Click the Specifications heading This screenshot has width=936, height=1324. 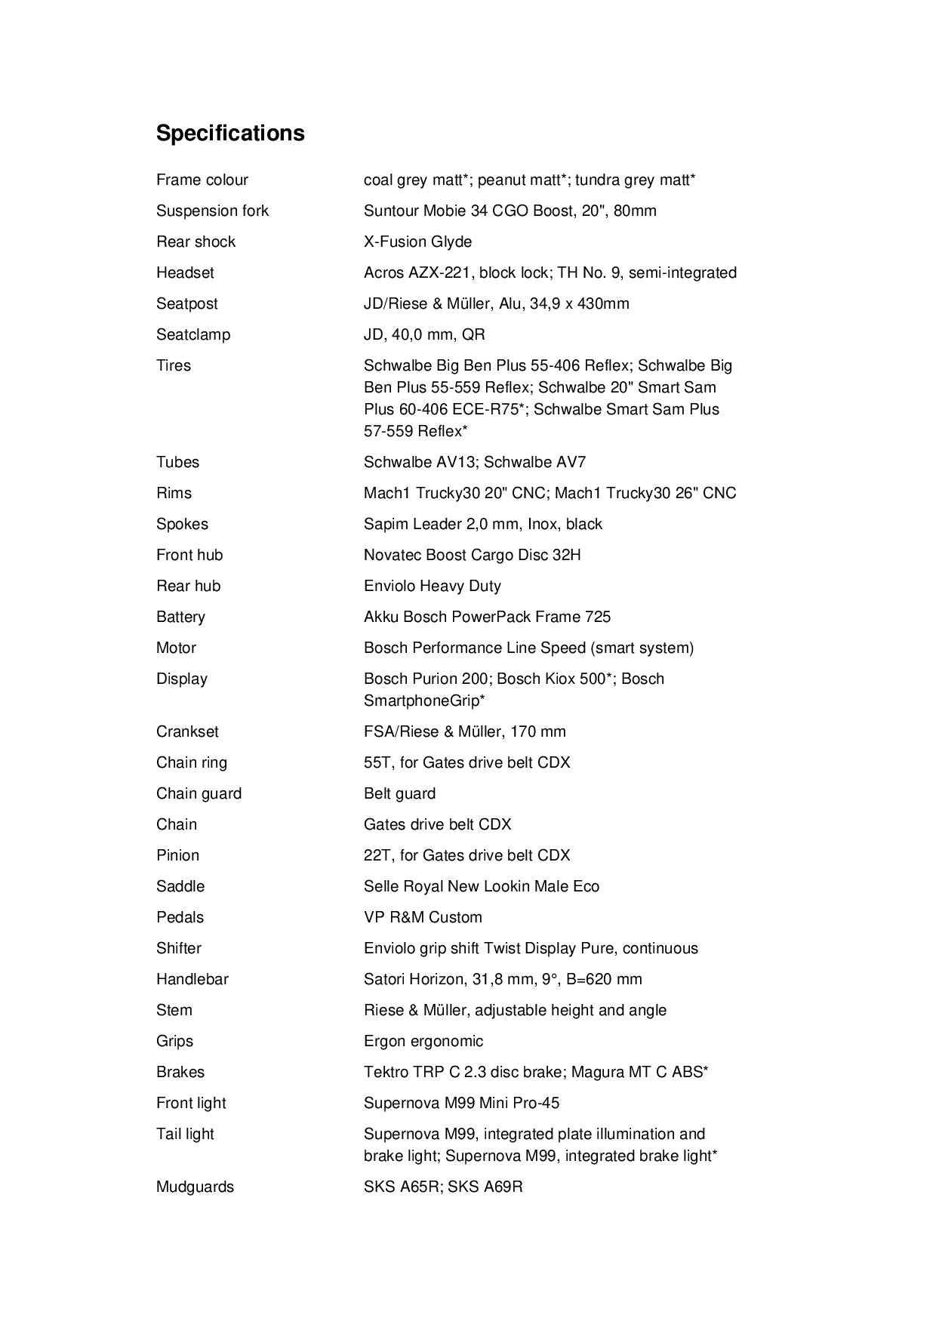point(230,133)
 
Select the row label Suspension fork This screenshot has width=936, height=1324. point(212,211)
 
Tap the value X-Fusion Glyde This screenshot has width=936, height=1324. point(417,242)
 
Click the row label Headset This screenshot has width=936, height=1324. point(185,272)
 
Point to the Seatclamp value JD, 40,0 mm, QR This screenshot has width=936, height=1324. point(424,334)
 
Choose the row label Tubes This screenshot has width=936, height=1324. point(177,462)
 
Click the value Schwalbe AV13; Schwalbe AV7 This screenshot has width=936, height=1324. point(474,462)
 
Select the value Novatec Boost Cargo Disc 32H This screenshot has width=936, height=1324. point(472,555)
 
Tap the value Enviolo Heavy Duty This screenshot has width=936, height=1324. point(432,586)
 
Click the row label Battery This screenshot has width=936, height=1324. point(180,617)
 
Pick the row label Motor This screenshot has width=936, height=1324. point(176,648)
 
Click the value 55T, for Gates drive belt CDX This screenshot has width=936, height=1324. point(466,762)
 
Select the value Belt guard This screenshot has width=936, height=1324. point(399,793)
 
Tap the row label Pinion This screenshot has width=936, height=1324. point(177,855)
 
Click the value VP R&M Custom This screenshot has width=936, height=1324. point(423,917)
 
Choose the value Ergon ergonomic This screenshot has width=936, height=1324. point(423,1041)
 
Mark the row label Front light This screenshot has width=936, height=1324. point(191,1103)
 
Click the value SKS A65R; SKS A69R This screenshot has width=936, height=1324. point(443,1187)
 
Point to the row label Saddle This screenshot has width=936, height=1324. point(180,886)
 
